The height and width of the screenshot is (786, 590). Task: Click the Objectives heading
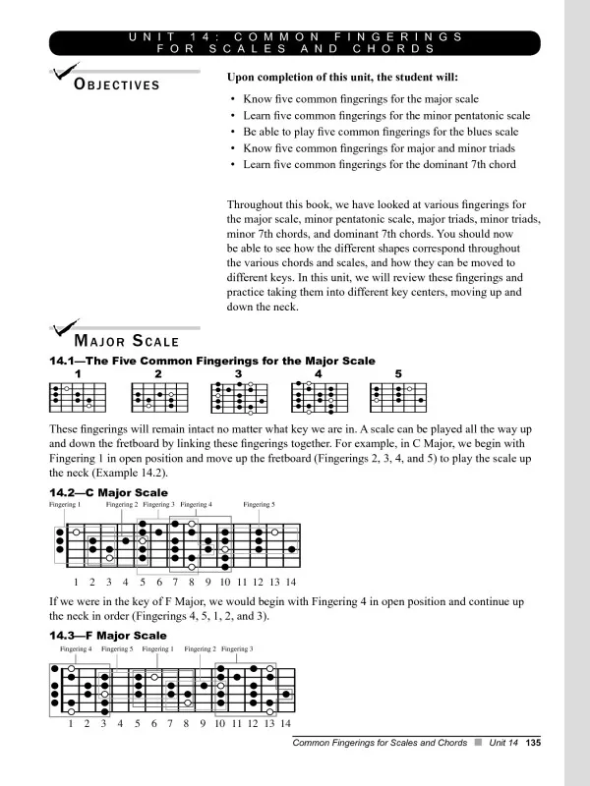tap(118, 84)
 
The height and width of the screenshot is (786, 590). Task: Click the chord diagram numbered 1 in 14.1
tap(77, 397)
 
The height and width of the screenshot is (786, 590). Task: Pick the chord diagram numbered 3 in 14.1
tap(238, 397)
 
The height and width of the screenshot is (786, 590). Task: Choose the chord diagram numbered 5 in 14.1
tap(398, 397)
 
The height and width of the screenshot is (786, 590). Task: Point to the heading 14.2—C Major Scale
tap(108, 492)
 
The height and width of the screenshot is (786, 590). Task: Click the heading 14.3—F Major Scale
tap(107, 636)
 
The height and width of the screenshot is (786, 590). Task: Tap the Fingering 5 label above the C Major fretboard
tap(259, 505)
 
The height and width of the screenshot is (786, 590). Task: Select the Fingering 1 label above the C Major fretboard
tap(65, 505)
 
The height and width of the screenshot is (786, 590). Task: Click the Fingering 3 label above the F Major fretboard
tap(237, 649)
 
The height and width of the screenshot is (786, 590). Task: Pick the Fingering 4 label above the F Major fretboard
tap(76, 649)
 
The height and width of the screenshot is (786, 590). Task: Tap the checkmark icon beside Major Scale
tap(67, 330)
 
